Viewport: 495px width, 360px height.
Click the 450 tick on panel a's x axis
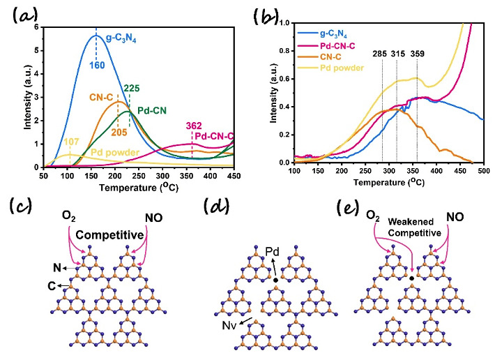[x=233, y=175]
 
